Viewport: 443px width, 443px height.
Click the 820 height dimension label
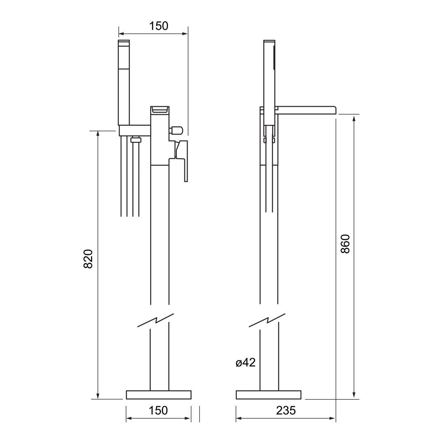pyautogui.click(x=89, y=259)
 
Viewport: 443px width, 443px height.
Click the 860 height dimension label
pyautogui.click(x=345, y=244)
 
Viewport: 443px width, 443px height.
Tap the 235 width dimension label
pyautogui.click(x=286, y=410)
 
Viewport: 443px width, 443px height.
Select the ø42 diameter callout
pyautogui.click(x=246, y=362)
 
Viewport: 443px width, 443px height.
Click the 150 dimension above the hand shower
pyautogui.click(x=159, y=26)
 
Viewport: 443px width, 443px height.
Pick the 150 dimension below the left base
pyautogui.click(x=158, y=410)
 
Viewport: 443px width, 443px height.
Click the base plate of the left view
pyautogui.click(x=159, y=395)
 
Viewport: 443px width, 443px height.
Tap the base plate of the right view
pyautogui.click(x=268, y=395)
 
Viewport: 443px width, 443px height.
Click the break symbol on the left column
pyautogui.click(x=155, y=320)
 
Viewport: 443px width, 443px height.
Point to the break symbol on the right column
pyautogui.click(x=267, y=320)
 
